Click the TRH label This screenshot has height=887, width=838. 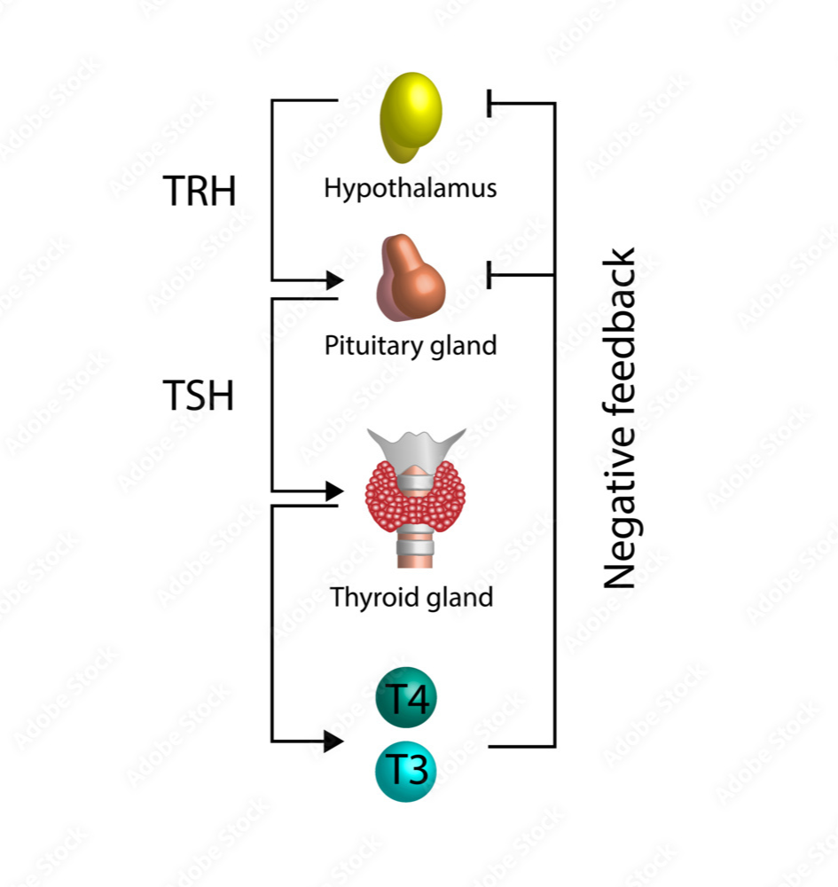click(200, 191)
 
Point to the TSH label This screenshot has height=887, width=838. click(199, 395)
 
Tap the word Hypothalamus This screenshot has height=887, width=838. click(410, 188)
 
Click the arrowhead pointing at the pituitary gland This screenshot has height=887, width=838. click(334, 280)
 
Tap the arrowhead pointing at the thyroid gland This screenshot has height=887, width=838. click(334, 491)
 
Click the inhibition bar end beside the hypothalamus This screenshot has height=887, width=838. click(489, 104)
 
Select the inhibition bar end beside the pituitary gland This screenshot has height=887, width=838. click(489, 275)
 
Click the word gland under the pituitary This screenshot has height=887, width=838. click(459, 344)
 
